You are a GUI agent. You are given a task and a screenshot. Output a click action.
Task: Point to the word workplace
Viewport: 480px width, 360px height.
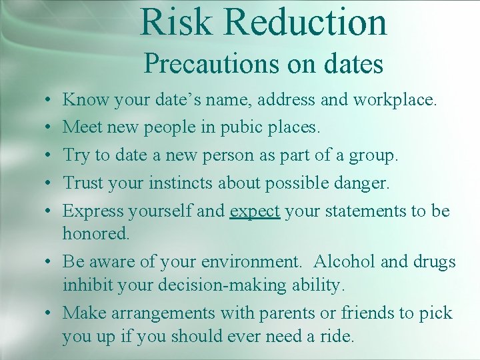[395, 101]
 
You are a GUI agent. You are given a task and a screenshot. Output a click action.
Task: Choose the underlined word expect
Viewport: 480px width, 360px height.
[255, 211]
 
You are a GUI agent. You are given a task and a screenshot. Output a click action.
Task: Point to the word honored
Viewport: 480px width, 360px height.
[95, 233]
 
